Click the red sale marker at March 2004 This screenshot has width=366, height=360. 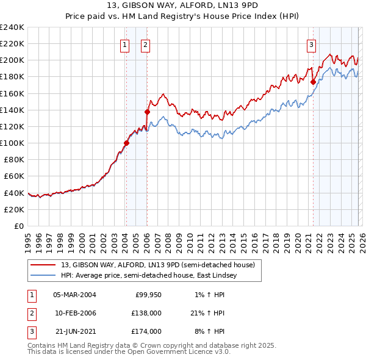[x=126, y=143]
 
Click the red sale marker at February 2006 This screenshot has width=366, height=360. [x=147, y=112]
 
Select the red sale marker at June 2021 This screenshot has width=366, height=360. [x=313, y=82]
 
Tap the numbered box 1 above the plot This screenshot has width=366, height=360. [x=125, y=44]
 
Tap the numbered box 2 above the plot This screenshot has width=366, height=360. [x=146, y=44]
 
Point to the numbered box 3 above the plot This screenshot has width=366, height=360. [x=312, y=44]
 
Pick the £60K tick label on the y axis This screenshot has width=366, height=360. [x=13, y=176]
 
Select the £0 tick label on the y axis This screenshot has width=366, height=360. [x=19, y=226]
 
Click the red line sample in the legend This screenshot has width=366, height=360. [x=44, y=264]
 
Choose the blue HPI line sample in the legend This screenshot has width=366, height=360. [x=44, y=275]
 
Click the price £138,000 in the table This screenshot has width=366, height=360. [x=146, y=313]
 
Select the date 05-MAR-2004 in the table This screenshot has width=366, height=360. [x=74, y=295]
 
